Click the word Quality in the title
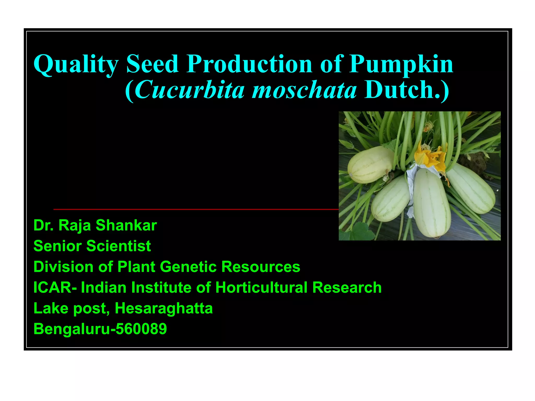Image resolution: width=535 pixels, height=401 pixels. click(x=76, y=64)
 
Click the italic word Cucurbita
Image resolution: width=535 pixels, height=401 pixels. click(x=190, y=90)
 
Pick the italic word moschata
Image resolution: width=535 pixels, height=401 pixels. click(x=304, y=90)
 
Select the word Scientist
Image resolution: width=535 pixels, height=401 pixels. click(x=119, y=246)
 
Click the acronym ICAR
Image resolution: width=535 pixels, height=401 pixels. click(x=52, y=287)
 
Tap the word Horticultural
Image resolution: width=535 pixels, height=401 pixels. click(x=261, y=287)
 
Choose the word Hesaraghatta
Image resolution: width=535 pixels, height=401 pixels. click(x=164, y=308)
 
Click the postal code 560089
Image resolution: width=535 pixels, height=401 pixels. click(x=141, y=329)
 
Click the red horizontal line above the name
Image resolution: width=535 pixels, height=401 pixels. click(x=196, y=209)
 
